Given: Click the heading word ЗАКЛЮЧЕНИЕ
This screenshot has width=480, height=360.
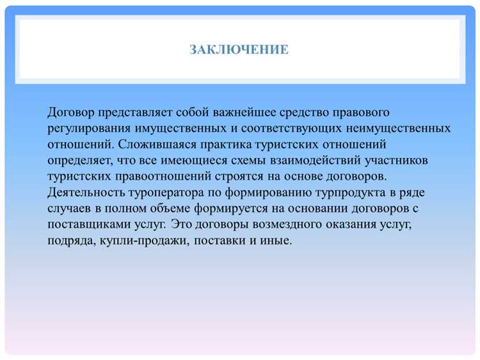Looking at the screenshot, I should [239, 49].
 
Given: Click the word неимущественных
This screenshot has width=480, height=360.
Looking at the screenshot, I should [401, 129].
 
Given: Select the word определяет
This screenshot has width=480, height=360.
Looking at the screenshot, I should [79, 160].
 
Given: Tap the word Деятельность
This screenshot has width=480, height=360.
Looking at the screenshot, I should [85, 192].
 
